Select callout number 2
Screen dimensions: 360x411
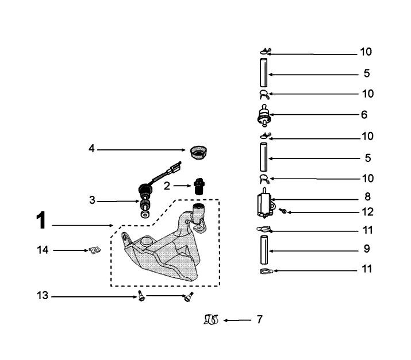167,185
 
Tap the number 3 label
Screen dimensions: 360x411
92,201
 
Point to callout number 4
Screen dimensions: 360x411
91,149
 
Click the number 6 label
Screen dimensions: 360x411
364,114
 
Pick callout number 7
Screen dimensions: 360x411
259,319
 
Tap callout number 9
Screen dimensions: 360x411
366,249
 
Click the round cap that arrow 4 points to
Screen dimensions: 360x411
198,152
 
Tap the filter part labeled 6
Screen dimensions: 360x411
264,115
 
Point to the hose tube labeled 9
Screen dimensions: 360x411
264,250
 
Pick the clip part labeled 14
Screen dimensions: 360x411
94,250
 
